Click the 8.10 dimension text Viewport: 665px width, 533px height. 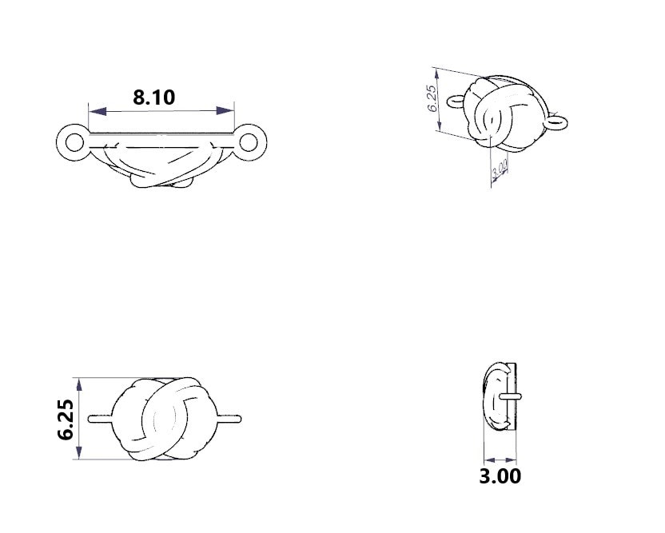pos(154,97)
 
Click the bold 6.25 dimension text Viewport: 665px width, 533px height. pos(66,420)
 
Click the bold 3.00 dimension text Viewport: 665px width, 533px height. pos(500,476)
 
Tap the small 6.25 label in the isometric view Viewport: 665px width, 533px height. pos(432,98)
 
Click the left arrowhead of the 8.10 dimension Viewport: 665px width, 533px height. pos(98,111)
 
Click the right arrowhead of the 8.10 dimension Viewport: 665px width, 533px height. pos(225,110)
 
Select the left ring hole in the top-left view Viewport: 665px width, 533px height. pos(74,142)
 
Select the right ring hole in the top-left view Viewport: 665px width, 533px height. pos(248,141)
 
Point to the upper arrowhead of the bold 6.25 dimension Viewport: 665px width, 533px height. pos(78,385)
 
